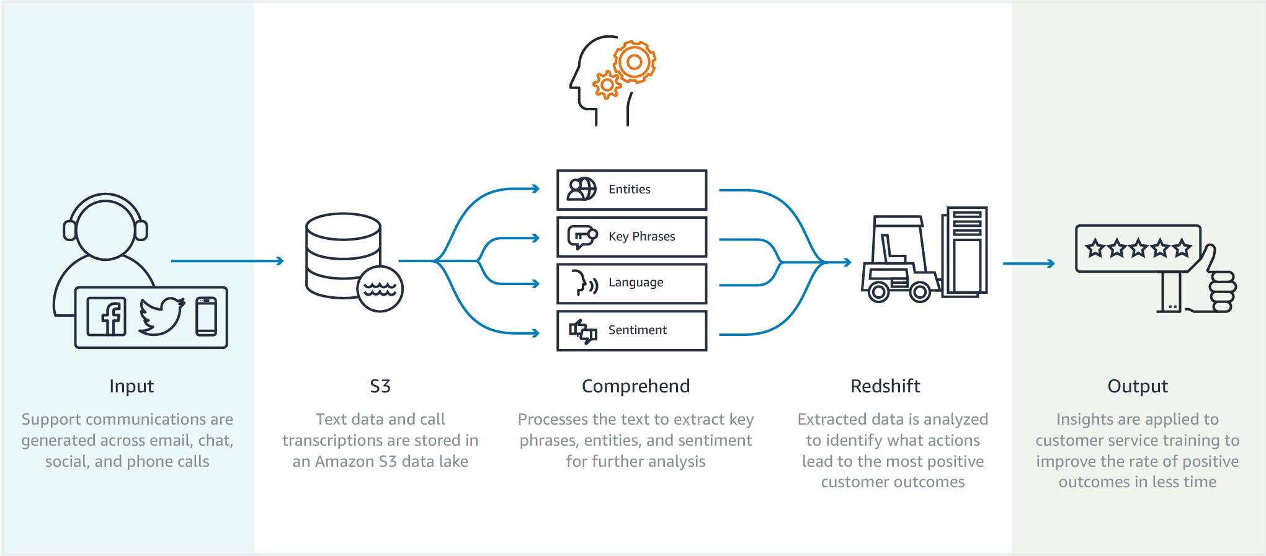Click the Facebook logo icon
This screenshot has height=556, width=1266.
point(107,317)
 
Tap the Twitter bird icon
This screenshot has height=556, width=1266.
point(161,316)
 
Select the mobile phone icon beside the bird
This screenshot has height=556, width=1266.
point(206,317)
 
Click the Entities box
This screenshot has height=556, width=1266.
point(631,190)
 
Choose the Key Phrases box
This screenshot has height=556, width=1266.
point(631,237)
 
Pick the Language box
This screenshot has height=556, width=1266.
point(631,283)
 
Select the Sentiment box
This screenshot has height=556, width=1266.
point(631,330)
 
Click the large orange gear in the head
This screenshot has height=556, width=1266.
point(634,62)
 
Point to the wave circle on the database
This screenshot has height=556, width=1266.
point(380,289)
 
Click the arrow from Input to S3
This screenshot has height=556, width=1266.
point(226,261)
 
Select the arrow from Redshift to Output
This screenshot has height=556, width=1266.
point(1028,263)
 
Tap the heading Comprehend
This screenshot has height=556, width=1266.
point(635,386)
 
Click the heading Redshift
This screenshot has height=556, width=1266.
point(885,386)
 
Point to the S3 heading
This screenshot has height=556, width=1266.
point(380,386)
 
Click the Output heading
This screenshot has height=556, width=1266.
point(1138,386)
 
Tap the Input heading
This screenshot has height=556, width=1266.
point(132,386)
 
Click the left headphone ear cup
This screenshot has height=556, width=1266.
point(69,230)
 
